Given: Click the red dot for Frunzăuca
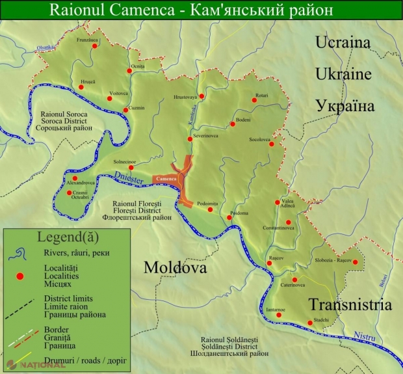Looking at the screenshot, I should pos(94,46).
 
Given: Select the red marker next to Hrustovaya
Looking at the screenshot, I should pos(201,96).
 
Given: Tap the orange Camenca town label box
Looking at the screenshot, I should pos(166,178).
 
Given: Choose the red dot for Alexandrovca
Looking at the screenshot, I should pos(75,178).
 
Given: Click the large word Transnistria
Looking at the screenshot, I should pos(350,304).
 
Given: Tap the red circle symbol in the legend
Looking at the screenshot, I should pos(19,276).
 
